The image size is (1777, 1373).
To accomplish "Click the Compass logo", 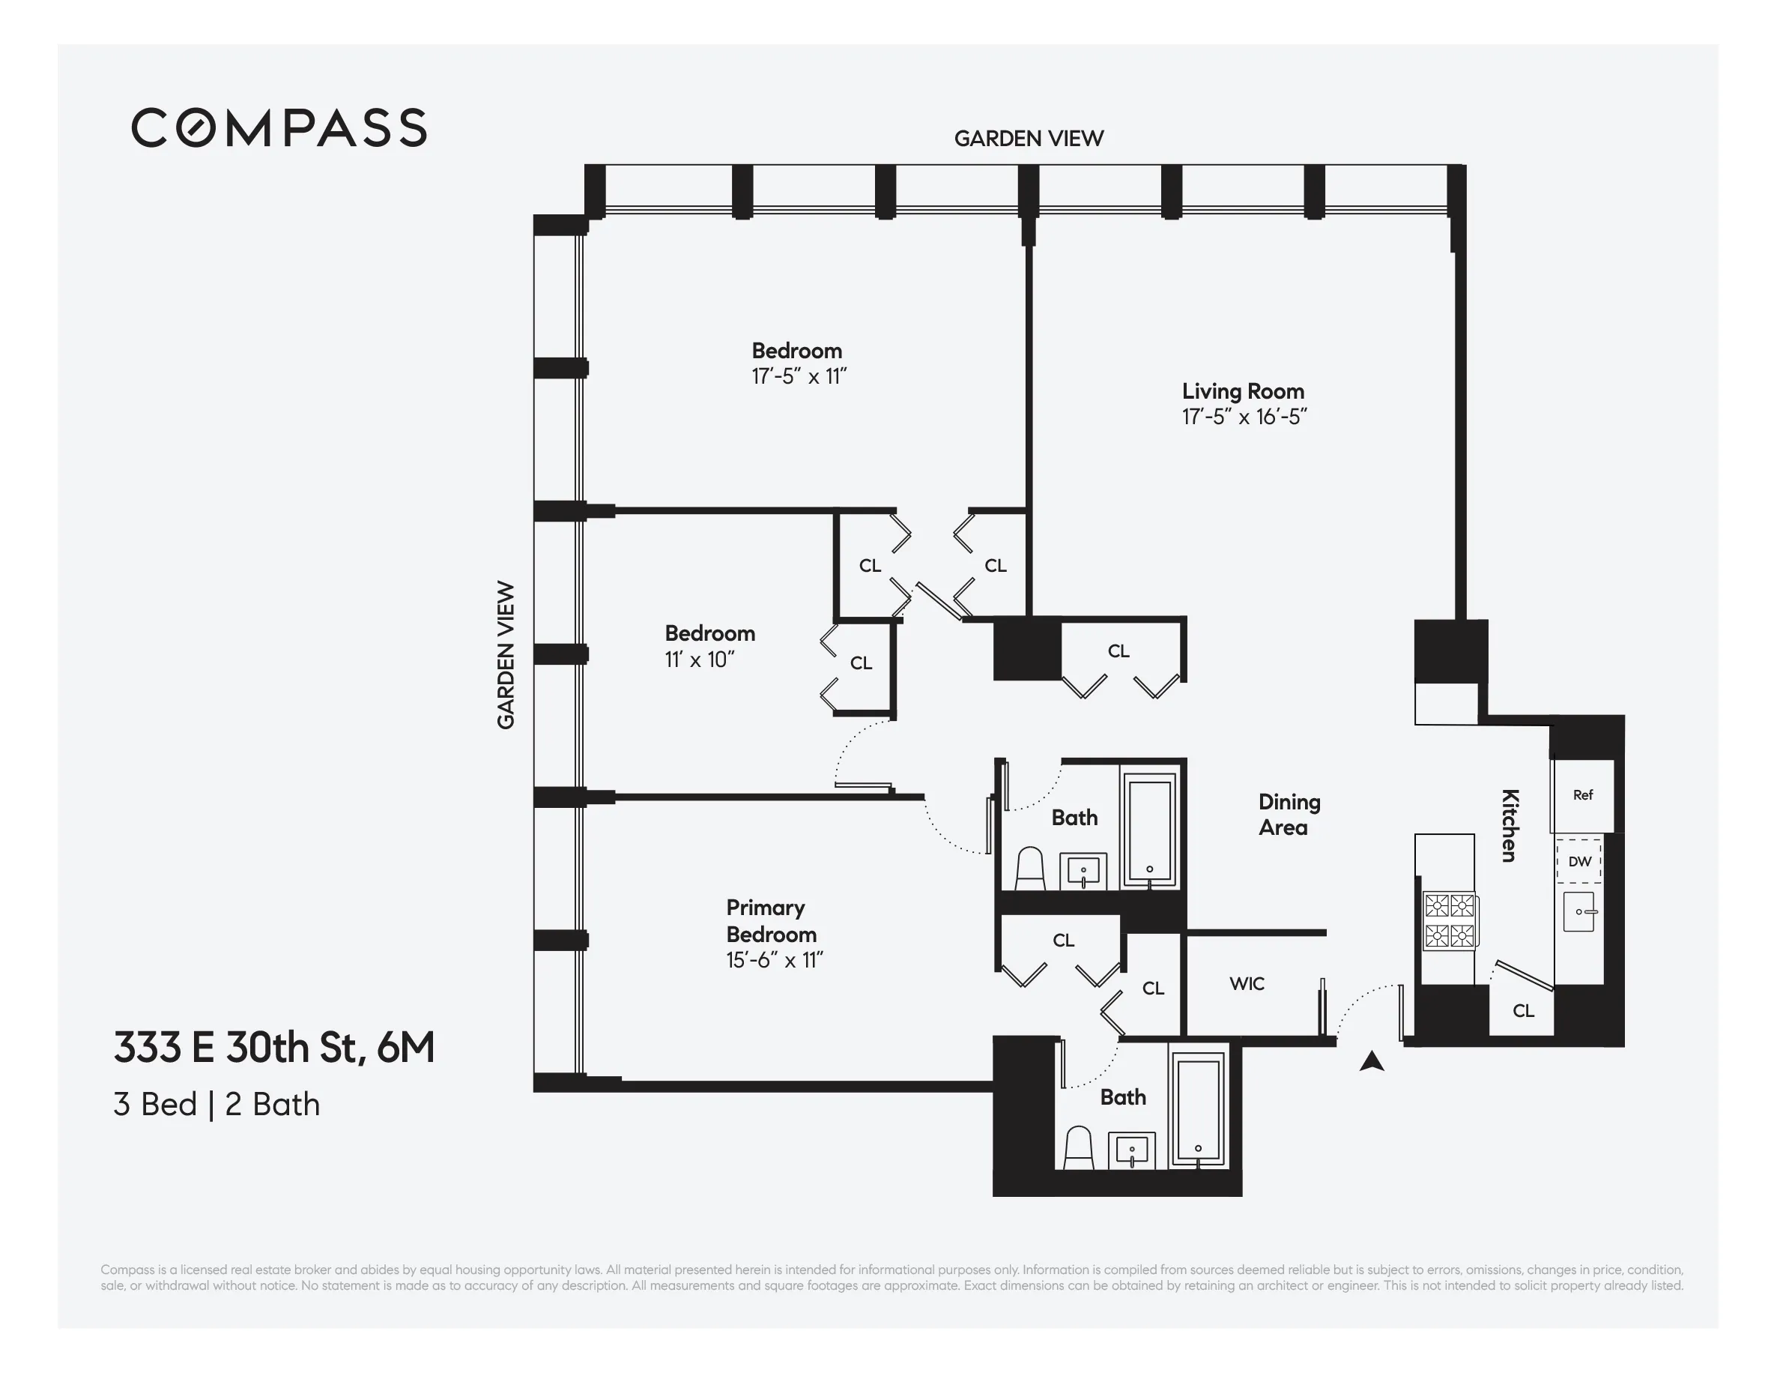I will click(x=279, y=127).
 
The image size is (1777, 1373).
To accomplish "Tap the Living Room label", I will click(x=1242, y=391).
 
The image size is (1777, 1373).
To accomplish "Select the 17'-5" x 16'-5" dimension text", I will click(x=1244, y=417).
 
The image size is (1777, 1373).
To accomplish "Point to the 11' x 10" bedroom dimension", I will click(x=699, y=660).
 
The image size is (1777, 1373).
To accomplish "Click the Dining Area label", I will click(x=1288, y=815).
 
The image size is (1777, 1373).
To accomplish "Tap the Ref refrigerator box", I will click(x=1582, y=795).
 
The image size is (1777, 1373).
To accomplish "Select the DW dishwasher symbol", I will click(x=1579, y=862).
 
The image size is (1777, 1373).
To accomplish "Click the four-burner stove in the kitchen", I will click(x=1449, y=920).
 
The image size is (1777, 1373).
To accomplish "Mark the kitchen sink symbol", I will click(x=1579, y=911).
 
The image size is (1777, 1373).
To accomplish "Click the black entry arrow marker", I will click(x=1372, y=1061).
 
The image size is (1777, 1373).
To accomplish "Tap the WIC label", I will click(x=1247, y=984).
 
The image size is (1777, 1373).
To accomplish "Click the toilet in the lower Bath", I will click(x=1079, y=1147).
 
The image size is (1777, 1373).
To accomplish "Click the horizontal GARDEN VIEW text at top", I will click(x=1029, y=139).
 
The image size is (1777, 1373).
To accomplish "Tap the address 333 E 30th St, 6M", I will click(x=274, y=1048).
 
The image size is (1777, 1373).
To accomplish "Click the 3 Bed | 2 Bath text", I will click(x=217, y=1105).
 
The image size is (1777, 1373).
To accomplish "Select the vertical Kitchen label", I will click(x=1510, y=825).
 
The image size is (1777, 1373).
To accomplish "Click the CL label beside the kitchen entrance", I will click(x=1523, y=1011).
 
